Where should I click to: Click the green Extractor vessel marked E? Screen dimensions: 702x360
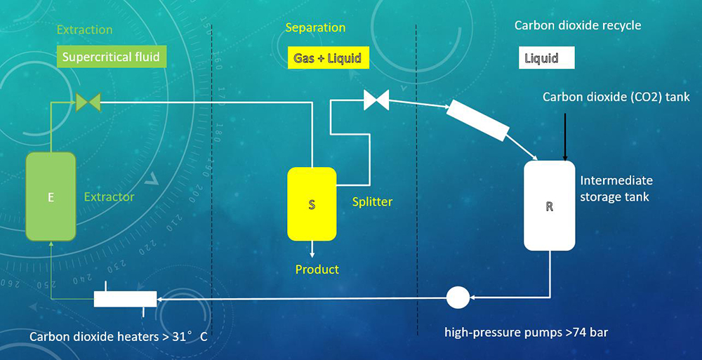51,196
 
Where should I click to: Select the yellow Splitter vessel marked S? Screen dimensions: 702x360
312,204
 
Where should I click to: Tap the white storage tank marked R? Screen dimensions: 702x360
550,206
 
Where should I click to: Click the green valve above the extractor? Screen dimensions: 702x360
88,102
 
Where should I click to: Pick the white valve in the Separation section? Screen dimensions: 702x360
376,100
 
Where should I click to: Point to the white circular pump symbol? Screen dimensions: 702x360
458,298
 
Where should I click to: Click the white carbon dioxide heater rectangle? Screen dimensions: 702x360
126,299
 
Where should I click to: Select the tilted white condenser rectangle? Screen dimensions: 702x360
478,120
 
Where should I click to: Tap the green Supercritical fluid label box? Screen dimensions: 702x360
112,56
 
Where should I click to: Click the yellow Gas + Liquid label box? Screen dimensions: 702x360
328,58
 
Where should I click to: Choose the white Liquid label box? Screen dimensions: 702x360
546,58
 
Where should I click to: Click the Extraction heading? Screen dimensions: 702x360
85,30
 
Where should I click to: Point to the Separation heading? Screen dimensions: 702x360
315,28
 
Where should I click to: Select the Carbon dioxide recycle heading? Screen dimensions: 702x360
578,25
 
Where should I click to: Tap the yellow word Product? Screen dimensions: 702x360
317,269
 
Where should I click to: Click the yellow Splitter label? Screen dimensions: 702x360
372,201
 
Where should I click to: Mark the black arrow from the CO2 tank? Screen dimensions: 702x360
565,137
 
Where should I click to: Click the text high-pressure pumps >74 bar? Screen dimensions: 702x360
526,332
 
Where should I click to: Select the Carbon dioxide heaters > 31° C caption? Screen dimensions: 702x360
119,337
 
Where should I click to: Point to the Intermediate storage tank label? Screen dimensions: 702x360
616,189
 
